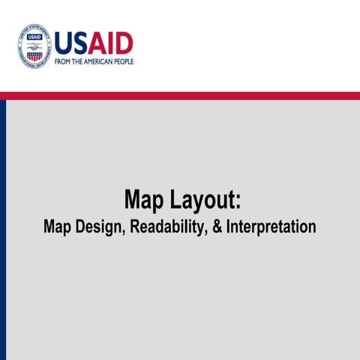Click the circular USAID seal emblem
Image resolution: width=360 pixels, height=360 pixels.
click(34, 47)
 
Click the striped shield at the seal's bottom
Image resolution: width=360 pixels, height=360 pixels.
click(34, 57)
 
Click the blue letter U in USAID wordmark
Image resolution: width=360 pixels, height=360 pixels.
click(64, 43)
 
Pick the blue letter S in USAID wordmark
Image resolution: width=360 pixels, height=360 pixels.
click(82, 43)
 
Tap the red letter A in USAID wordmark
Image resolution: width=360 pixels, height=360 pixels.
click(98, 43)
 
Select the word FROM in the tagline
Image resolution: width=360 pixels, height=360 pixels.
click(62, 61)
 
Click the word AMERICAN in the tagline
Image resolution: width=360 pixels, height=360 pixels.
click(99, 61)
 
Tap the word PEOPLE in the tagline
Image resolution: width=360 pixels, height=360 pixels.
click(124, 61)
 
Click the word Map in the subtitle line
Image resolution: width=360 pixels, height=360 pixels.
click(58, 226)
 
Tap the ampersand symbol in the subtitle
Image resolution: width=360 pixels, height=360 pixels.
click(217, 226)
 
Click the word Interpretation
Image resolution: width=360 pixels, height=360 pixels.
click(271, 226)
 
